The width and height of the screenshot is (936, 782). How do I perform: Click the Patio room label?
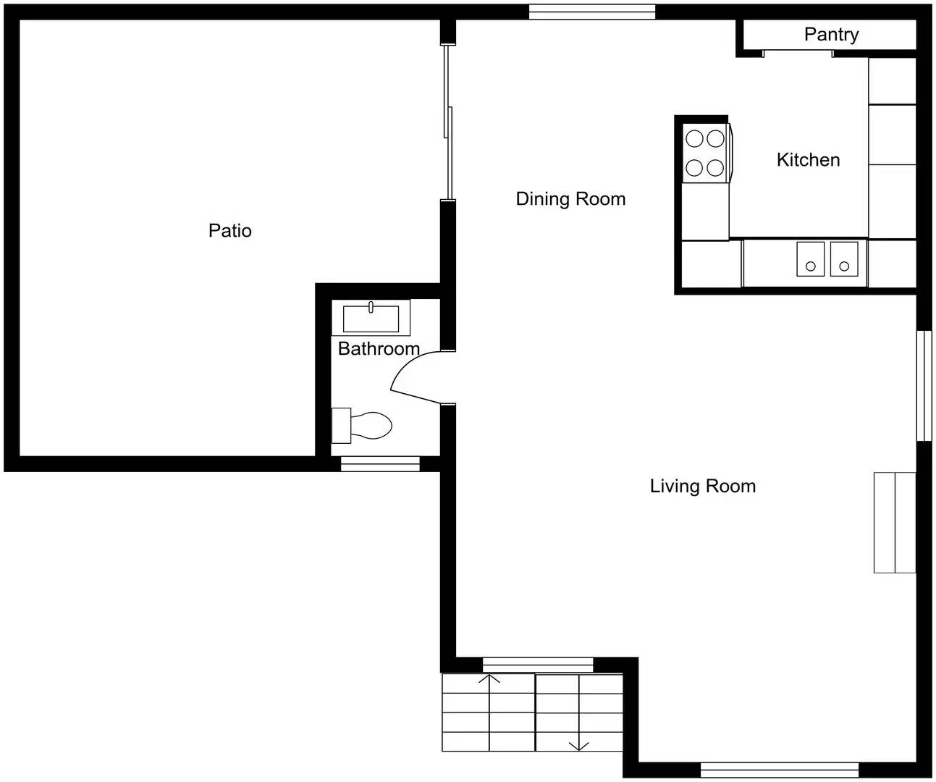click(229, 231)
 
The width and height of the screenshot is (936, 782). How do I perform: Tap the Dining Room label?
click(570, 199)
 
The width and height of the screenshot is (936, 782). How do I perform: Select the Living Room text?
click(702, 486)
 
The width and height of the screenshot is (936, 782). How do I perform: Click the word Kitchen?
click(808, 160)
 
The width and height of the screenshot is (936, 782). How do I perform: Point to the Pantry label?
click(831, 35)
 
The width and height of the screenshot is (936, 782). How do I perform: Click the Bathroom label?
click(379, 349)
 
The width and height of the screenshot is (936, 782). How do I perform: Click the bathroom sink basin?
click(371, 319)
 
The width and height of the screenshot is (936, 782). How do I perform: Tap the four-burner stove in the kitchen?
click(706, 154)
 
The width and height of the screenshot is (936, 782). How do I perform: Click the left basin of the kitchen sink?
click(810, 259)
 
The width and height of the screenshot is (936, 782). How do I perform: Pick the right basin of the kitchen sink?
click(843, 259)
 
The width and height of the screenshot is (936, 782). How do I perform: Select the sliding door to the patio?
click(449, 122)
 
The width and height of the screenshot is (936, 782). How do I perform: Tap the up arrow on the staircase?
click(490, 681)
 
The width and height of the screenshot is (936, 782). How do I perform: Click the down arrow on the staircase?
click(578, 745)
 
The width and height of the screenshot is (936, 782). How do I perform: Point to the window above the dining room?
click(591, 12)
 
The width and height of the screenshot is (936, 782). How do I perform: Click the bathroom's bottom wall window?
click(380, 463)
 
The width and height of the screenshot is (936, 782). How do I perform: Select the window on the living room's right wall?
click(924, 385)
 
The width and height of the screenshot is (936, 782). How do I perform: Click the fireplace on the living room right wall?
click(895, 522)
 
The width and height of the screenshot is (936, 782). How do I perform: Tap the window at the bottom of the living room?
click(779, 770)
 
